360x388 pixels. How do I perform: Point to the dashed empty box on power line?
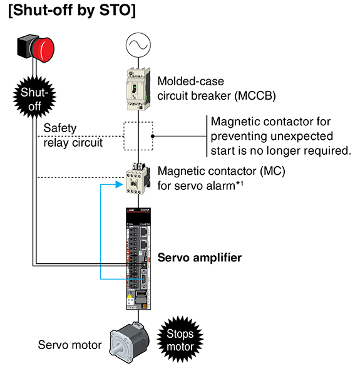pyautogui.click(x=138, y=136)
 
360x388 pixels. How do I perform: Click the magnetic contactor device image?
pyautogui.click(x=138, y=180)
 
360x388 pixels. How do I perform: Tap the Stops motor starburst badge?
pyautogui.click(x=180, y=340)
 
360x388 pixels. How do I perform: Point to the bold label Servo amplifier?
pyautogui.click(x=199, y=258)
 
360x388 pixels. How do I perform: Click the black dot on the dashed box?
pyautogui.click(x=153, y=136)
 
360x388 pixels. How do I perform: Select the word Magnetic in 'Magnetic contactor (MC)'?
pyautogui.click(x=180, y=171)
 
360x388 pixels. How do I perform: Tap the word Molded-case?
pyautogui.click(x=190, y=81)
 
